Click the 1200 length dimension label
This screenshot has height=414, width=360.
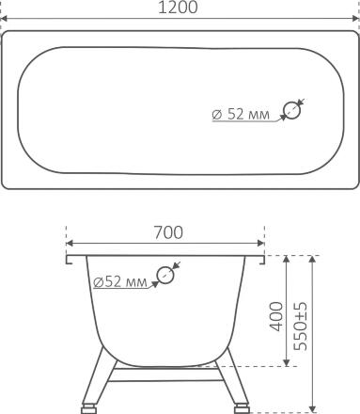click(178, 8)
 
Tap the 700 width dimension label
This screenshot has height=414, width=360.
click(168, 232)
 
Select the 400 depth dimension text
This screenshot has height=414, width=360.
click(276, 316)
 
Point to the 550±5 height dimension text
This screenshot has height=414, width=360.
click(301, 326)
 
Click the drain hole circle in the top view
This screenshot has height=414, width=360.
click(291, 110)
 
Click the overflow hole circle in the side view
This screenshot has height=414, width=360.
click(165, 275)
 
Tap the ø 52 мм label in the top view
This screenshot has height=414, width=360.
click(241, 114)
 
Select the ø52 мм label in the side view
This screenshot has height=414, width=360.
click(120, 282)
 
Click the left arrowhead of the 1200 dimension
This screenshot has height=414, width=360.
click(4, 19)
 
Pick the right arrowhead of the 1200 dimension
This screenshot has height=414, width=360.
click(356, 19)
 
